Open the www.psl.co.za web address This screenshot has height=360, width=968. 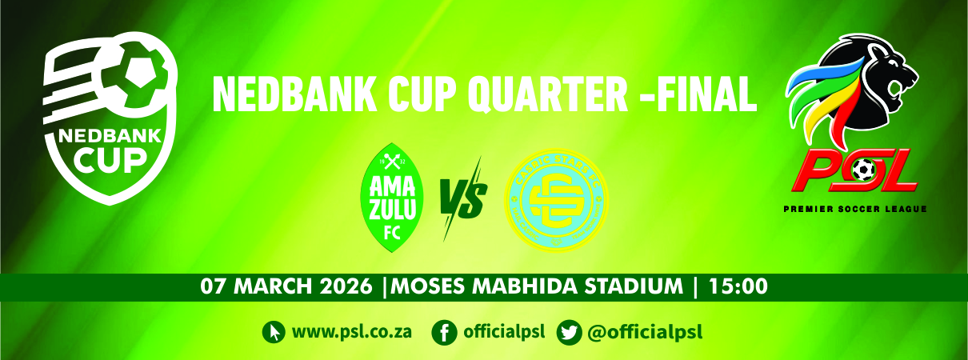click(x=352, y=331)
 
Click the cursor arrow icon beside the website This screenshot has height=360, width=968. click(x=274, y=331)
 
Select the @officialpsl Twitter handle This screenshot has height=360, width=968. click(x=644, y=331)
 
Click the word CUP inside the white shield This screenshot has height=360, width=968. click(x=111, y=162)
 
